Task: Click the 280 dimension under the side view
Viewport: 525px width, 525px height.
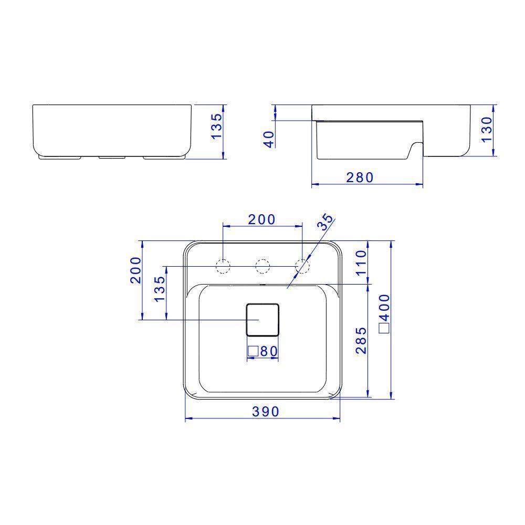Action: point(360,177)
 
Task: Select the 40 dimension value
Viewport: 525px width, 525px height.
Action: point(269,139)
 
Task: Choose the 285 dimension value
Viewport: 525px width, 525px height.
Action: point(361,340)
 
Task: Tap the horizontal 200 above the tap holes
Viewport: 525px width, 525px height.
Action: point(261,219)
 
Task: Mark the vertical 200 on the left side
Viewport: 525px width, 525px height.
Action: point(135,270)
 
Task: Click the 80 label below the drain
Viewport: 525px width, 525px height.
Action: point(268,351)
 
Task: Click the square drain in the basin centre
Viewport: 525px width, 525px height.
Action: point(263,319)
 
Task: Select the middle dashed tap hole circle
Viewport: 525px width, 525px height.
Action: point(262,266)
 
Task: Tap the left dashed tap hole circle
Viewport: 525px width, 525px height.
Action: point(224,266)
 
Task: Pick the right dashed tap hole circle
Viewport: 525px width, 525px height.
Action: point(302,266)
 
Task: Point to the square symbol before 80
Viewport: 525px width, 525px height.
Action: point(253,351)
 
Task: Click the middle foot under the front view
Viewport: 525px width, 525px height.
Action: point(111,157)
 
